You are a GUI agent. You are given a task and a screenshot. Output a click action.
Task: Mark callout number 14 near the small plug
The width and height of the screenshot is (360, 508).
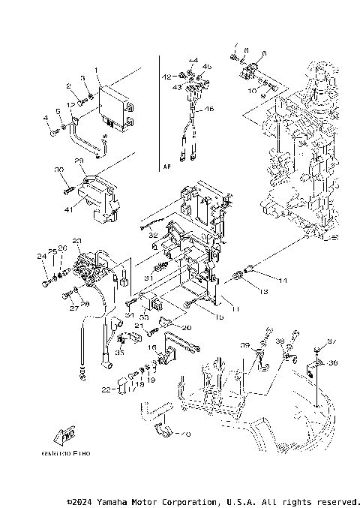tap(262, 281)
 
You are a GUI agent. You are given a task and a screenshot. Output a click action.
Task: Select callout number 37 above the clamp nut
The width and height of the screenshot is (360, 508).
tap(332, 342)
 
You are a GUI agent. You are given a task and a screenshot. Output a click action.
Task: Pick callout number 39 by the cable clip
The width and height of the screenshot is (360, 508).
tap(244, 345)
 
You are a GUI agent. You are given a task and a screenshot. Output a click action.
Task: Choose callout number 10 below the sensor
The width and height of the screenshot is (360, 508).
tap(252, 89)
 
